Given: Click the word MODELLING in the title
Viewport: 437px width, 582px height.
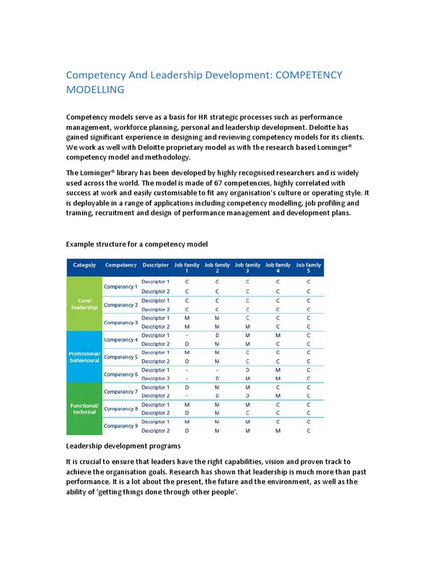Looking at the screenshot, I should coord(95,90).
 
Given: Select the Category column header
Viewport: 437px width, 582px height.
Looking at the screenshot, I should coord(84,265).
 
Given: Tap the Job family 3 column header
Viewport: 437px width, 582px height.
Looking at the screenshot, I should coord(248,267).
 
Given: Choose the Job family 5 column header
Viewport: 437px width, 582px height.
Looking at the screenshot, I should coord(308,267).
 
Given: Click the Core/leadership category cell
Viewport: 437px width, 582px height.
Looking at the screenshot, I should coord(84,304).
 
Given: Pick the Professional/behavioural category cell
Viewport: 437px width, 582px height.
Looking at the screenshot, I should coord(84,356).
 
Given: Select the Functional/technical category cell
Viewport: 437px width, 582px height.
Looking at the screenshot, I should coord(84,409).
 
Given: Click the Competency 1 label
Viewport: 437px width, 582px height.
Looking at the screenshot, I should coord(121,286).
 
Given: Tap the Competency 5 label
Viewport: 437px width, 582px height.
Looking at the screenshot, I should coord(121,357).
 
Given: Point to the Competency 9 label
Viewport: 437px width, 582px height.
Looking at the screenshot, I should coord(121,426).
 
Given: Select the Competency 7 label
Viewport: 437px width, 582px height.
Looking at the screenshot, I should coord(121,392).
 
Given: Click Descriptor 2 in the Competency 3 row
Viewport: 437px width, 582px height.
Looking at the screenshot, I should coord(155,327).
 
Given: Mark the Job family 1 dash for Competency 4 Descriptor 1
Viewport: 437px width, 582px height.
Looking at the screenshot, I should coord(187,335).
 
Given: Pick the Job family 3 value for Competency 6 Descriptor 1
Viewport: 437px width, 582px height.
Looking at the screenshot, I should coord(248,370).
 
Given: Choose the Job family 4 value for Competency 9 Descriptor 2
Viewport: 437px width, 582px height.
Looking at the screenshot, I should coord(278,431).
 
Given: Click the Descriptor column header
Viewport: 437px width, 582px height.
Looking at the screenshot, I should coord(155,265).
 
